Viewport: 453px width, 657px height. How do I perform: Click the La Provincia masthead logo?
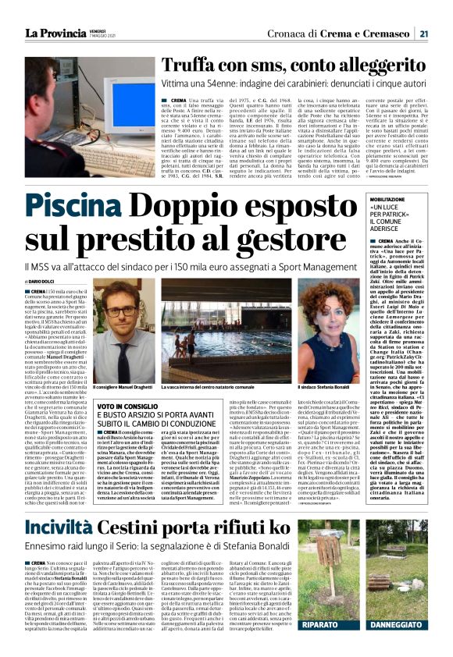pos(52,33)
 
